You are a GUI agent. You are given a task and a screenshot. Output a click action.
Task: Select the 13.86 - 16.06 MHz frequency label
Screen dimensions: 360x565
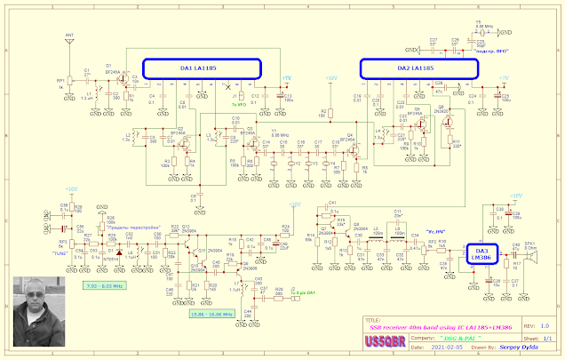click(212, 314)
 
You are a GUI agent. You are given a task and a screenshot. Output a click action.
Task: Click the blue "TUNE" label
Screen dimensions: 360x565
click(60, 253)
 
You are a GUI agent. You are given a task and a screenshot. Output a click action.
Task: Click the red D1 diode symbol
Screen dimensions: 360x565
click(109, 252)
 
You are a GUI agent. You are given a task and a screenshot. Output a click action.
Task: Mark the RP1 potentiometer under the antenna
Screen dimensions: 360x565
click(62, 81)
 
